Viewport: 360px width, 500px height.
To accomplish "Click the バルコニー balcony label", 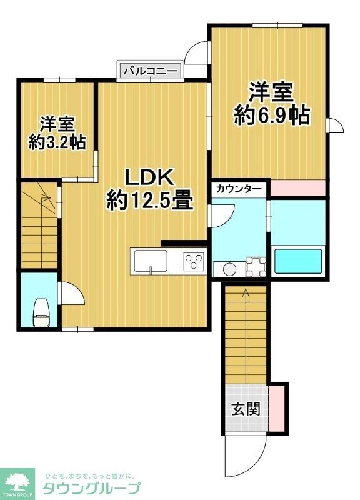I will (151, 71).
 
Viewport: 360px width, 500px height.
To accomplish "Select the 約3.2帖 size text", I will (57, 142).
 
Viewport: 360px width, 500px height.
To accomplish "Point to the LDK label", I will (149, 177).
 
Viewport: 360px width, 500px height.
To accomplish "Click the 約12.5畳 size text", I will (149, 201).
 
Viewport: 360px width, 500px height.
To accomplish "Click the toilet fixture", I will (41, 311).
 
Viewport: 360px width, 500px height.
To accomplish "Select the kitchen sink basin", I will (149, 260).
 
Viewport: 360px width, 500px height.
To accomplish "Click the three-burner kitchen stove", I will (194, 261).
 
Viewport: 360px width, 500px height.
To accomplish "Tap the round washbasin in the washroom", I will (228, 269).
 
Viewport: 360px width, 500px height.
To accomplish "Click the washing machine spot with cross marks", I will (256, 267).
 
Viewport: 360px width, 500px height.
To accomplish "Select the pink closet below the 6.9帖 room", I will (298, 187).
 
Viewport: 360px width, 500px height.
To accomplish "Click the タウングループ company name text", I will (91, 488).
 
